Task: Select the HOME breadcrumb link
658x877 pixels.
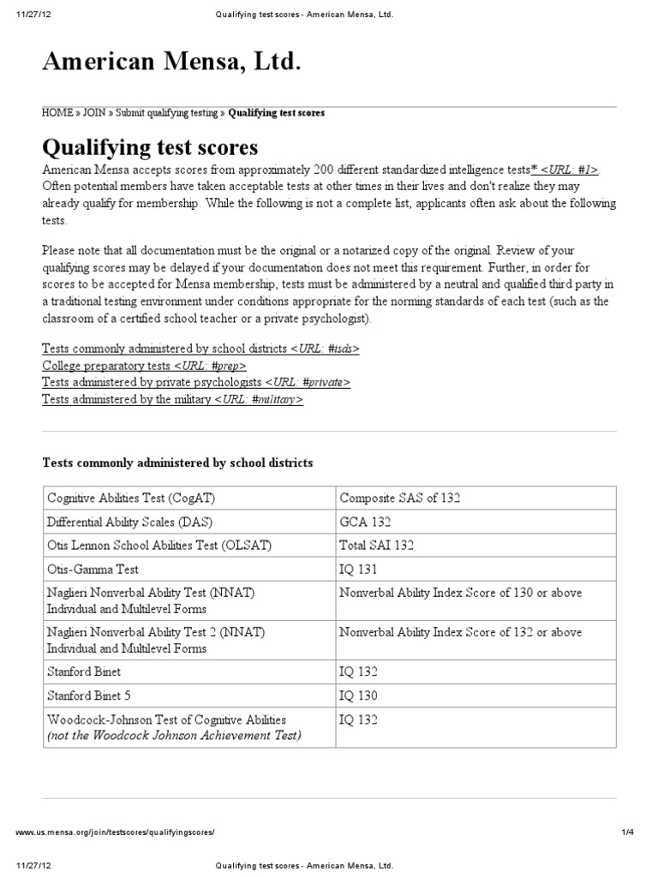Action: coord(57,113)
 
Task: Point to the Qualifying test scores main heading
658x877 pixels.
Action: coord(150,146)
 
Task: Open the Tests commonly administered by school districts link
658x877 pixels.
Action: coord(200,349)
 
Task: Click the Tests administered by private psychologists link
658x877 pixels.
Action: coord(196,382)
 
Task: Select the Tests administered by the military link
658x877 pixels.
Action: coord(172,399)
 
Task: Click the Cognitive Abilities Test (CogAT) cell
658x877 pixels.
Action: coord(131,498)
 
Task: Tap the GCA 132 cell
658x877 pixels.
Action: coord(366,522)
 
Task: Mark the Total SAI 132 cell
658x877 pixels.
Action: coord(377,545)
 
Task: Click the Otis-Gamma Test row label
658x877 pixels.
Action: coord(93,569)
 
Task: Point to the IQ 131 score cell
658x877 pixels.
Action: coord(358,569)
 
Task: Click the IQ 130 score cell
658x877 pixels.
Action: coord(358,695)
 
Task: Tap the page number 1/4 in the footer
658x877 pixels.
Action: coord(637,832)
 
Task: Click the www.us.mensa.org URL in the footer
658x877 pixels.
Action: coord(115,832)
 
